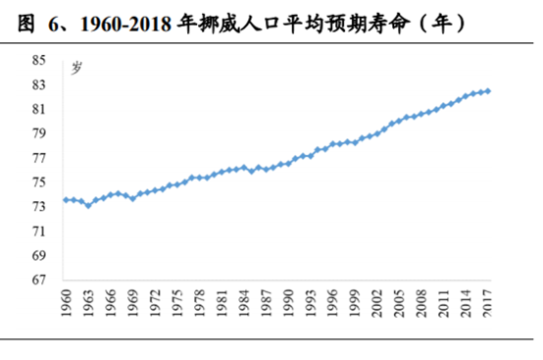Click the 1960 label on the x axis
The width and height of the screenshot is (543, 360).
pos(66,303)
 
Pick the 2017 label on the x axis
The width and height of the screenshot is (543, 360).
pos(488,303)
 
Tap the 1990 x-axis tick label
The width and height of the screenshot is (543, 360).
pos(288,303)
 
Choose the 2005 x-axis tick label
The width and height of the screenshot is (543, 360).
pos(399,303)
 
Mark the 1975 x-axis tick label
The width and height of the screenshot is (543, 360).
pos(177,303)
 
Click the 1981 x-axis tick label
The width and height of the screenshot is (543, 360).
pos(222,303)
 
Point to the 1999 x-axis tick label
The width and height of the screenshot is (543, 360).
pos(355,303)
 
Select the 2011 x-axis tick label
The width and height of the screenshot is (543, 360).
pos(444,303)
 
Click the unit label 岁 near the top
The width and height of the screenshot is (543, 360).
pos(75,67)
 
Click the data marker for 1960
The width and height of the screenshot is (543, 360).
pos(66,199)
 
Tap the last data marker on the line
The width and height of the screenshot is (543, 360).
pos(488,91)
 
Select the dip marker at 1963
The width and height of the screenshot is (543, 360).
pos(88,205)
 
